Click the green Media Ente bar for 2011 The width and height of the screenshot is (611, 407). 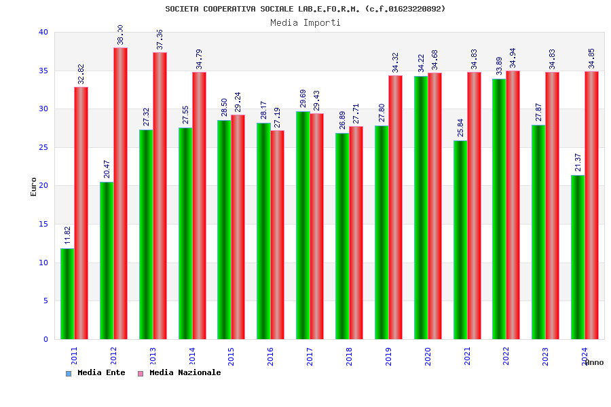click(x=67, y=294)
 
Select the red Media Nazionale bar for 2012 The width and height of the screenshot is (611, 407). click(x=121, y=193)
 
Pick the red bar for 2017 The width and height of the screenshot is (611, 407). click(x=317, y=226)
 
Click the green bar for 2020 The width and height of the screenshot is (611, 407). click(x=421, y=208)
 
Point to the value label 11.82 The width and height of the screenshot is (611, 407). click(x=68, y=235)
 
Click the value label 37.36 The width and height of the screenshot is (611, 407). click(x=160, y=39)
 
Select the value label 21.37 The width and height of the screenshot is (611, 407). click(x=578, y=162)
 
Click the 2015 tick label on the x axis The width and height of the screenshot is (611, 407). click(x=231, y=357)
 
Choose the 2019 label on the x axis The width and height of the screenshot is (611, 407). click(x=388, y=357)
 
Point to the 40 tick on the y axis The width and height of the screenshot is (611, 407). click(x=43, y=32)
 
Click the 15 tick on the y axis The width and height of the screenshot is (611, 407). click(x=43, y=224)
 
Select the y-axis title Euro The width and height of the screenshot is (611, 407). click(x=34, y=187)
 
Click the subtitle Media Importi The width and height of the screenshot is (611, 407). click(x=305, y=22)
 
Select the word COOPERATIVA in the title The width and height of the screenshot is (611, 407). click(x=228, y=9)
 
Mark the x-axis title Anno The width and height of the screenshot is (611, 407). click(x=593, y=362)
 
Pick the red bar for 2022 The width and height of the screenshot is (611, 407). click(x=513, y=205)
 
